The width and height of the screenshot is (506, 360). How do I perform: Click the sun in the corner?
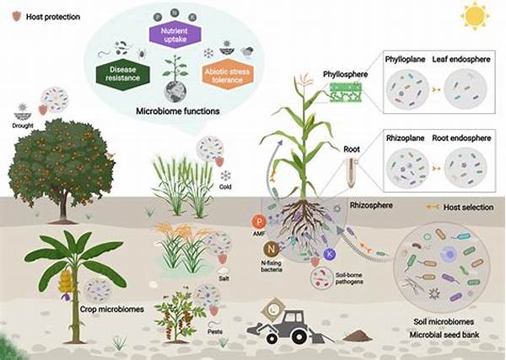coord(476,15)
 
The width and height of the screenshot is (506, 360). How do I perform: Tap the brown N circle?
coord(272,249)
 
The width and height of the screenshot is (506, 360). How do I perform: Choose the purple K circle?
coord(330,254)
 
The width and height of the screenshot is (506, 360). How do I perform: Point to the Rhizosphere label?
coord(377,205)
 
